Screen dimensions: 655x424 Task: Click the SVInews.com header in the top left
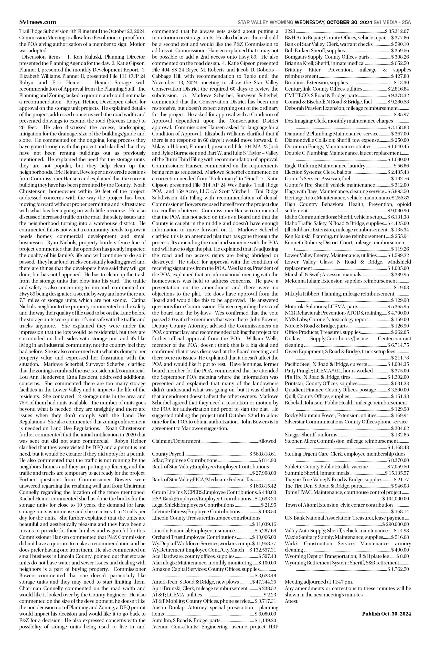coord(37,22)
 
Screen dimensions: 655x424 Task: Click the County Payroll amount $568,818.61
coord(263,454)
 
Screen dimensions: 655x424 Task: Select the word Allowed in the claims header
coord(267,441)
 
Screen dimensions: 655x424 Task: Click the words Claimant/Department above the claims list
coord(176,441)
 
